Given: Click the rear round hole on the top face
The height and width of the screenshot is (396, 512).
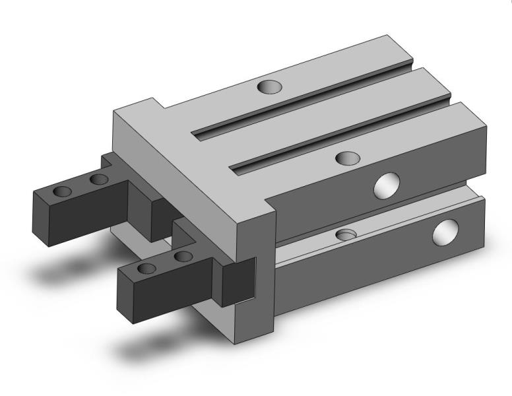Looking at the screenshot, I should tap(269, 86).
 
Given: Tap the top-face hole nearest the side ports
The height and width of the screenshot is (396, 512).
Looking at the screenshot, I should tap(348, 158).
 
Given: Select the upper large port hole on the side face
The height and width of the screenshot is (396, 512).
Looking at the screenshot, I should tap(387, 185).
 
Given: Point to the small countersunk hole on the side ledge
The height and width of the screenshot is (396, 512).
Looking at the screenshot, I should tap(346, 234).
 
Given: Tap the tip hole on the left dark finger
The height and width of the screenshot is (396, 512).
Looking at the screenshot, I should tap(63, 191).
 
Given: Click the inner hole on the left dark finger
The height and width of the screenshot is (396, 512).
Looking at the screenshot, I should tap(99, 180).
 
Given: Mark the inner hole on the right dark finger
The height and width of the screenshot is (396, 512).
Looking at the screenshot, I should tap(183, 256).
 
